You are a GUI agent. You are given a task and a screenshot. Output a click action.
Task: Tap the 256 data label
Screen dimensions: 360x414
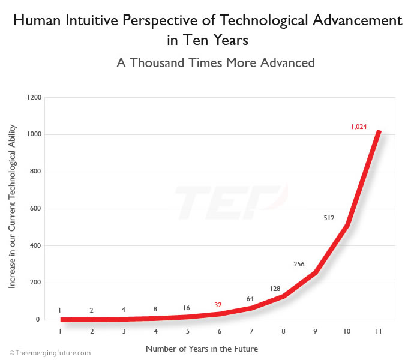[x=299, y=263]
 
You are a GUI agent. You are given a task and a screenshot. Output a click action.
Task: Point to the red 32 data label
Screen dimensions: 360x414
[x=218, y=305]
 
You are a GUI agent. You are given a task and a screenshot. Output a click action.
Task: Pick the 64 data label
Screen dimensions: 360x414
[x=250, y=299]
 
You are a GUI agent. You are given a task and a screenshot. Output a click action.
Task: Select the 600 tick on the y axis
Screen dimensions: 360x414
[x=35, y=209]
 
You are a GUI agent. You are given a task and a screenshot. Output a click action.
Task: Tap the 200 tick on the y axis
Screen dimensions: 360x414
[x=35, y=283]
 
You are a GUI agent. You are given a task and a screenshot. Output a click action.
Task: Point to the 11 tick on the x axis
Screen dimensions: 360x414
[x=379, y=331]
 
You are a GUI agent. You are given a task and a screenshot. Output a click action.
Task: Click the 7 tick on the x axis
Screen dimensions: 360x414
[x=251, y=331]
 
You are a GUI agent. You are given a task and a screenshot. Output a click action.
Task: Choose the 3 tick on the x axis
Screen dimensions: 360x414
[x=124, y=331]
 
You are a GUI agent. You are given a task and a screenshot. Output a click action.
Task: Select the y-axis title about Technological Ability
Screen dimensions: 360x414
[x=13, y=207]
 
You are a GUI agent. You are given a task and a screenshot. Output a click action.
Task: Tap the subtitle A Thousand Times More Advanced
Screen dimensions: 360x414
[x=206, y=62]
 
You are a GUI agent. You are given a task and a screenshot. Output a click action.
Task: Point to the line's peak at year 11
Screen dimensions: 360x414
[x=379, y=132]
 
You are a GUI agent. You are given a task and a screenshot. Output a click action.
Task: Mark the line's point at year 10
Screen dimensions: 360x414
[x=347, y=226]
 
